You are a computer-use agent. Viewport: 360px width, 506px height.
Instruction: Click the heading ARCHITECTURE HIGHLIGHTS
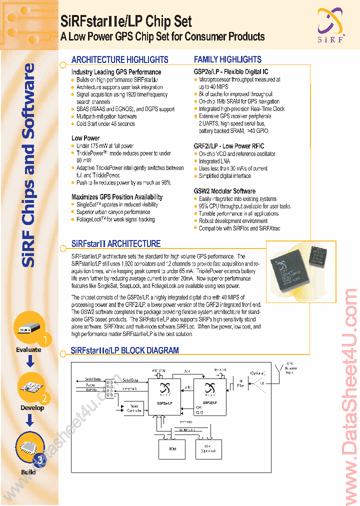pos(119,59)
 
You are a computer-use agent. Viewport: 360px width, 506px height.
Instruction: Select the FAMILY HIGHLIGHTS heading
pos(227,59)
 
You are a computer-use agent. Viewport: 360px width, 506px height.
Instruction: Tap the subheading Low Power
pos(85,138)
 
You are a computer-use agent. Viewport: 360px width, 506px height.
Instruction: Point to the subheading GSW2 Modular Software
pos(224,191)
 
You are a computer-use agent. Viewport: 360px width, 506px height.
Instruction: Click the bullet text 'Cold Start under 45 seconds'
pos(105,124)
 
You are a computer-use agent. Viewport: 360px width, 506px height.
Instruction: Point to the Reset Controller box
pos(133,408)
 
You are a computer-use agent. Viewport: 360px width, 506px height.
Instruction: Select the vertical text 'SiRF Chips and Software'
pos(29,165)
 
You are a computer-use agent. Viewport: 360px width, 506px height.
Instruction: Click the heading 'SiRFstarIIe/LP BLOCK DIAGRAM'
pos(124,351)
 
